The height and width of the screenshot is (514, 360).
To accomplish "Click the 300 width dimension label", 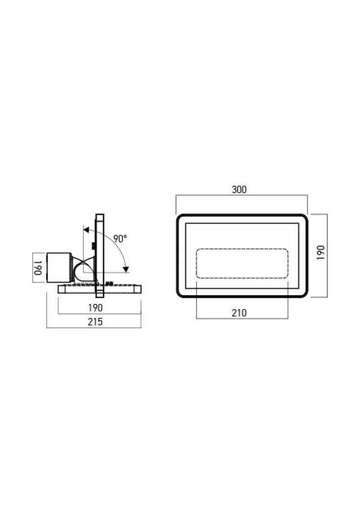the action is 239,189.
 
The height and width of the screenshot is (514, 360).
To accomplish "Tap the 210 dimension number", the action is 239,313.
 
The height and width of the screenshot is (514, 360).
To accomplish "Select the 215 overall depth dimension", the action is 95,322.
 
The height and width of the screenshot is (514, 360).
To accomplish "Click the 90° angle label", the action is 120,239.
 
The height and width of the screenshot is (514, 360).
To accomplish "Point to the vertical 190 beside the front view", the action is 320,253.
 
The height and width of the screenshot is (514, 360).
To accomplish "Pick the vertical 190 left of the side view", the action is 38,268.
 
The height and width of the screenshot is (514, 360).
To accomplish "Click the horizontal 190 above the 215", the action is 95,308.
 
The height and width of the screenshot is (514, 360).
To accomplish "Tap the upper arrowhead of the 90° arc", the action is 86,230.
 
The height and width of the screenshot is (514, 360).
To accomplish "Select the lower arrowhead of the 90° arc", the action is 126,269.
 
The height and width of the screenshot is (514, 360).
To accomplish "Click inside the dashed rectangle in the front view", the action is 242,264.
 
